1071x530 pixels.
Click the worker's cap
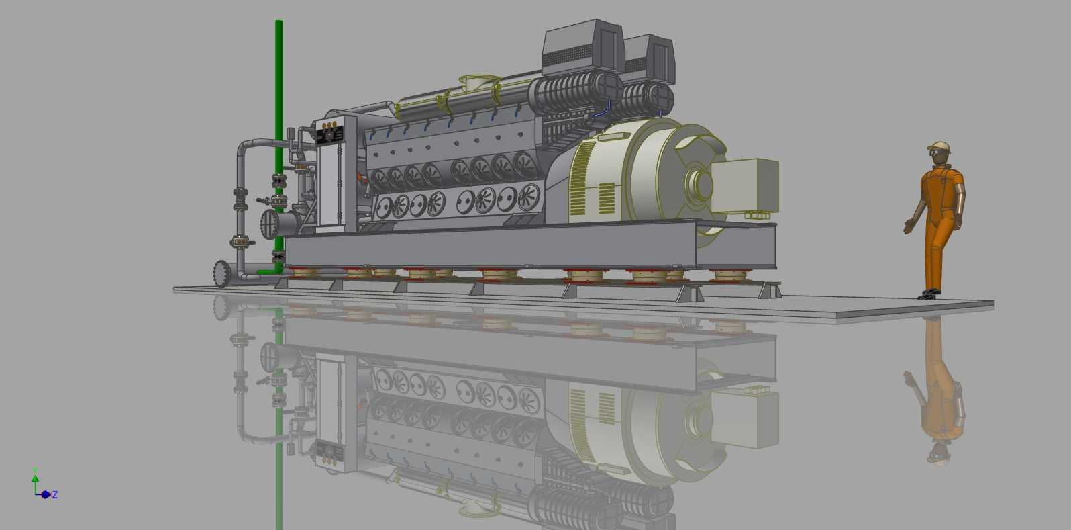pos(939,146)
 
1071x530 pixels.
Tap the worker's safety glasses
pos(935,153)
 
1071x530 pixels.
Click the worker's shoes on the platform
pos(929,294)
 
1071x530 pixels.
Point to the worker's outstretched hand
pos(907,226)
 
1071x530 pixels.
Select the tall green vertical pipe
pos(279,144)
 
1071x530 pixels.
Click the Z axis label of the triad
pos(55,494)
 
